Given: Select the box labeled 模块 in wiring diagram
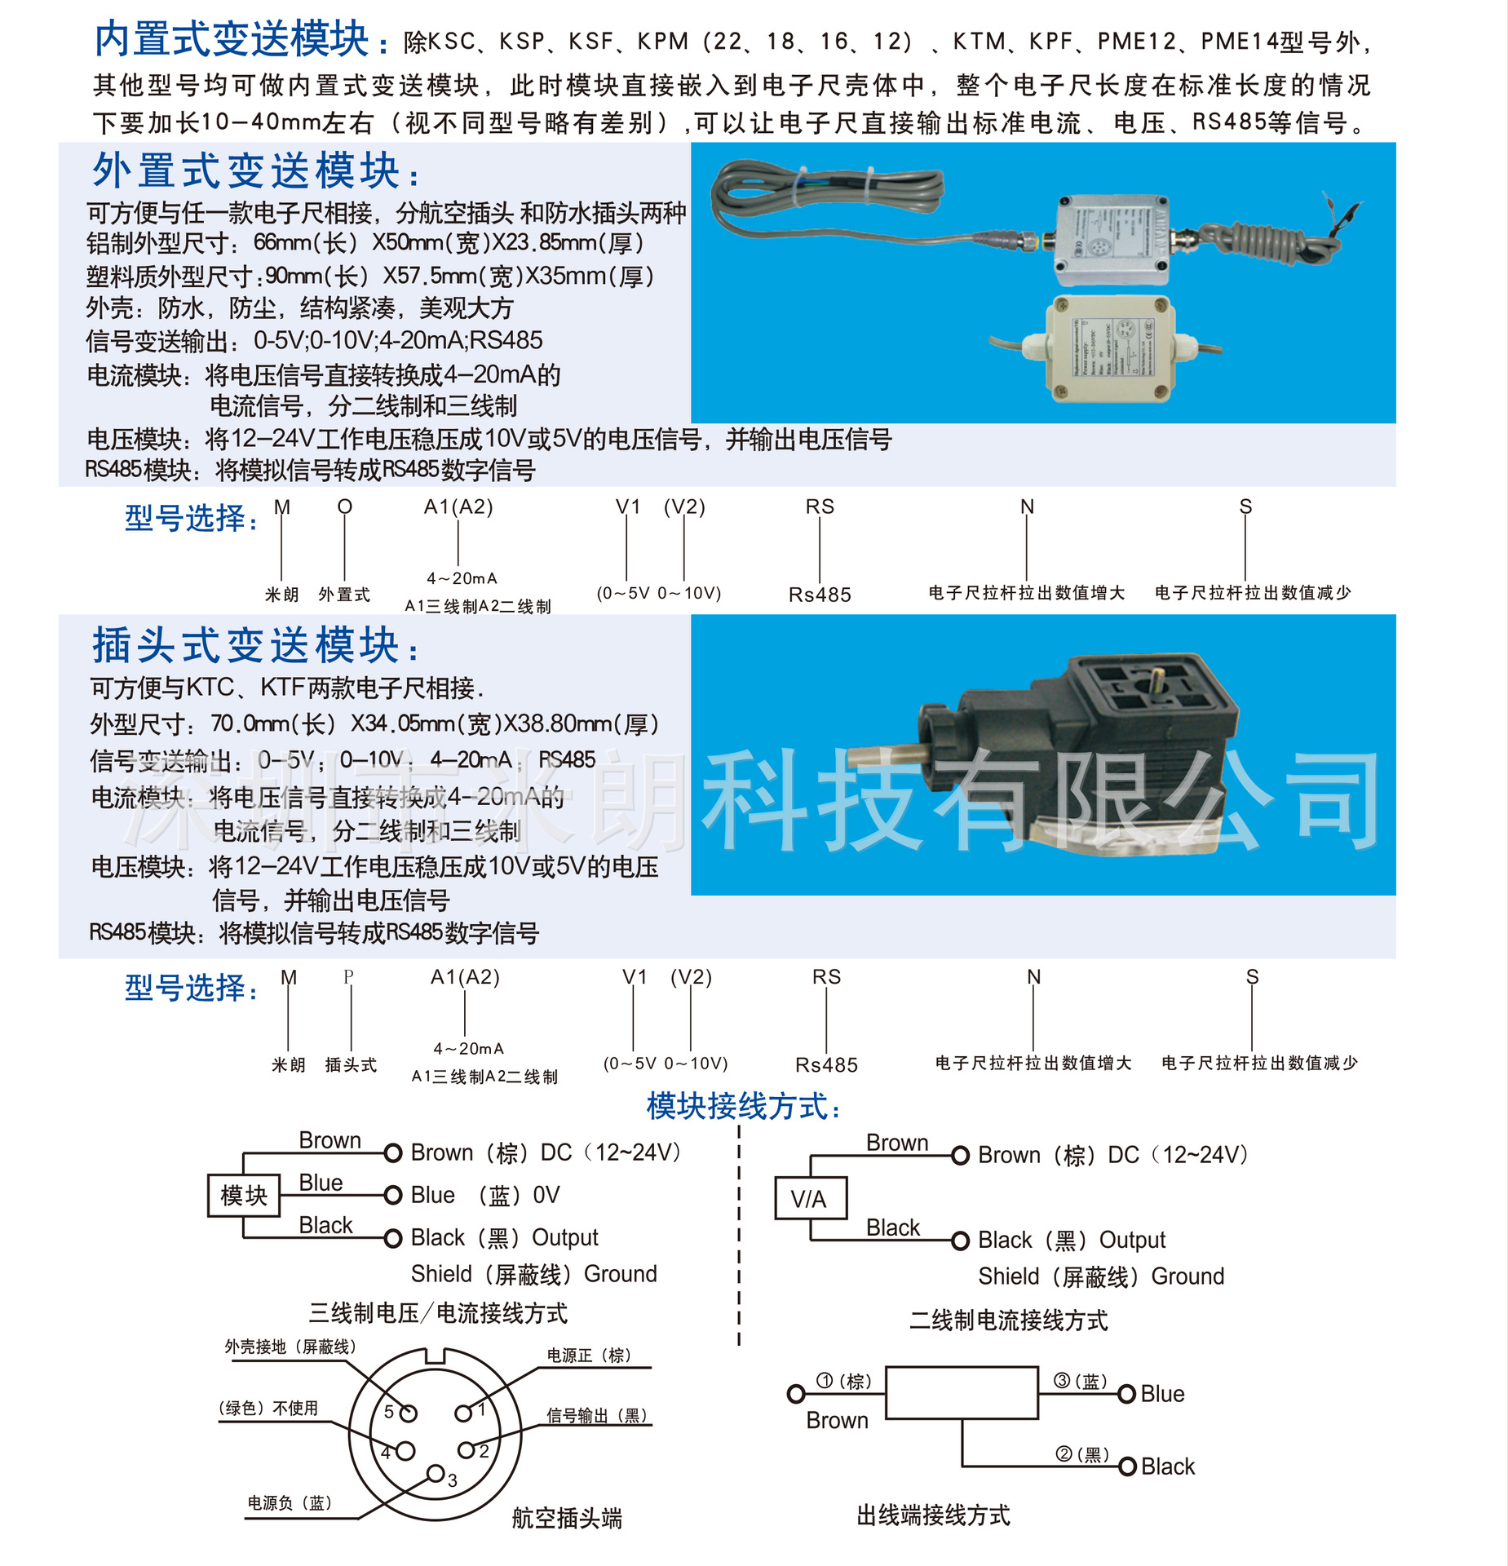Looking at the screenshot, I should coord(243,1196).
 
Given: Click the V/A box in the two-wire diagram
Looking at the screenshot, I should coord(810,1198).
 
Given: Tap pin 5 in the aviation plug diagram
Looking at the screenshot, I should coord(409,1413).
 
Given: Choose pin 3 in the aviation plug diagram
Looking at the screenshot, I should coord(436,1473).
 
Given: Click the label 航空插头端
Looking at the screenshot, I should coord(567,1518).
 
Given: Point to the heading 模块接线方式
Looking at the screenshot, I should coord(743,1106).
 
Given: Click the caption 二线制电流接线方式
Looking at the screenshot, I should coord(1008,1320).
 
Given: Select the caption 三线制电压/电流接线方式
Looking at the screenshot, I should coord(438,1313).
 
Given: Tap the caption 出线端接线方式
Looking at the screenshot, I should coord(933,1515).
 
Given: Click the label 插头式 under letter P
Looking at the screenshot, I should coord(351,1064).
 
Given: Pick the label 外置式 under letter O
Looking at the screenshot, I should coord(344,595).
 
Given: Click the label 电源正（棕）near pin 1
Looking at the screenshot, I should coord(589,1356).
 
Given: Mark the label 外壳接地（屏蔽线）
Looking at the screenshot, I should coord(290,1347).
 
